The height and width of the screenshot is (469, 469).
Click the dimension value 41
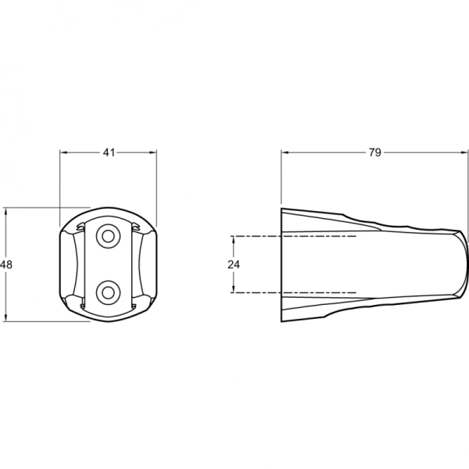[x=109, y=152]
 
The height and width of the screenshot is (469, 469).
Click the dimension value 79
[x=374, y=152]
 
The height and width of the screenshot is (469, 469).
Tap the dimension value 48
[x=6, y=264]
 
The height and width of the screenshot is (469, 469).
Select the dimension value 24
[x=234, y=264]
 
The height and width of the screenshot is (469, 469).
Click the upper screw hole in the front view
[x=108, y=236]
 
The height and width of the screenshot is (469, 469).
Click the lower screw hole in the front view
[x=108, y=292]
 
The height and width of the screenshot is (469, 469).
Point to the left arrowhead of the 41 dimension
[x=63, y=152]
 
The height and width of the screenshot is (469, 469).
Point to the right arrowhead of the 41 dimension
[x=153, y=152]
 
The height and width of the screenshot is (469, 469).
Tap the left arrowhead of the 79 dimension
[x=285, y=152]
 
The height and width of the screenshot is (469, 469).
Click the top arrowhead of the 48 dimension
[x=5, y=212]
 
